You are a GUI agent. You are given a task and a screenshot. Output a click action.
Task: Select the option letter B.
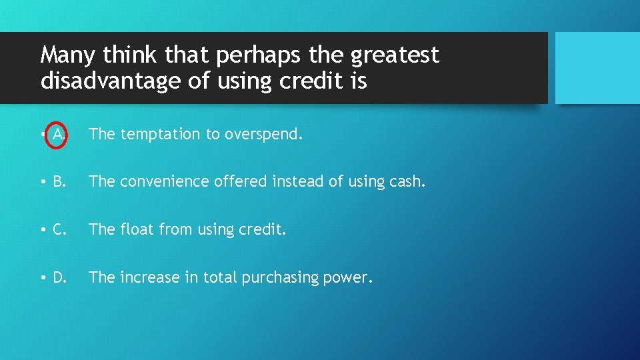(59, 182)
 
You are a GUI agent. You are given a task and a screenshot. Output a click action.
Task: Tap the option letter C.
(59, 230)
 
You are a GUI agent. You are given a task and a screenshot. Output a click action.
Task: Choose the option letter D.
(59, 277)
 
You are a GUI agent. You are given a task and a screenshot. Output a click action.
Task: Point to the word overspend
(263, 135)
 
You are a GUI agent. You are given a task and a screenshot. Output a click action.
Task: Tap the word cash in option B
(408, 182)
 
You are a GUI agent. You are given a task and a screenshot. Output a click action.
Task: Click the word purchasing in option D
(285, 277)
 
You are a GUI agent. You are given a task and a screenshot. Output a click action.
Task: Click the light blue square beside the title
(597, 68)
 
